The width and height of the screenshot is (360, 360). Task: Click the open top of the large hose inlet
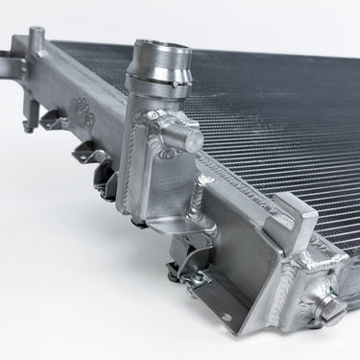point(159,47)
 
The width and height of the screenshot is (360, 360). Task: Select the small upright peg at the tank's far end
point(36,39)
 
